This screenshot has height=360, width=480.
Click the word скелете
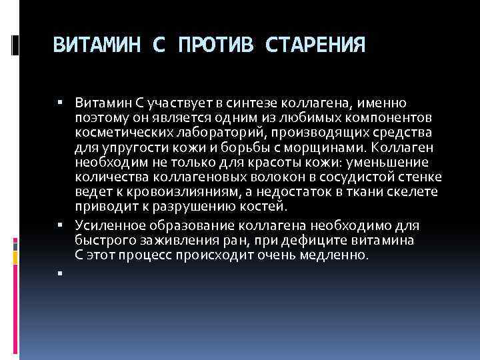(x=412, y=191)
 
